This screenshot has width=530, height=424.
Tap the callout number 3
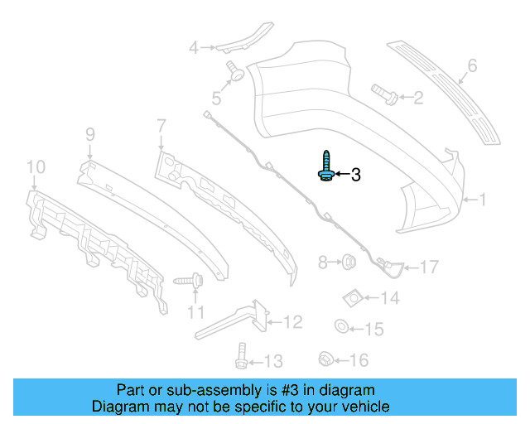[356, 175]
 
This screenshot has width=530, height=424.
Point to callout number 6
[472, 65]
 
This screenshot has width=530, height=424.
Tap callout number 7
[161, 126]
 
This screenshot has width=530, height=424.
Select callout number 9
[90, 132]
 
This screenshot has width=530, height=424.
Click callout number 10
[34, 168]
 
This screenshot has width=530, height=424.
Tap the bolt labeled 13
[240, 356]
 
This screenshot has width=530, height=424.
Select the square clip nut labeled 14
[352, 296]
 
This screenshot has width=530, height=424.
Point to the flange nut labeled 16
[325, 359]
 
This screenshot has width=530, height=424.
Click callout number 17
[428, 267]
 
